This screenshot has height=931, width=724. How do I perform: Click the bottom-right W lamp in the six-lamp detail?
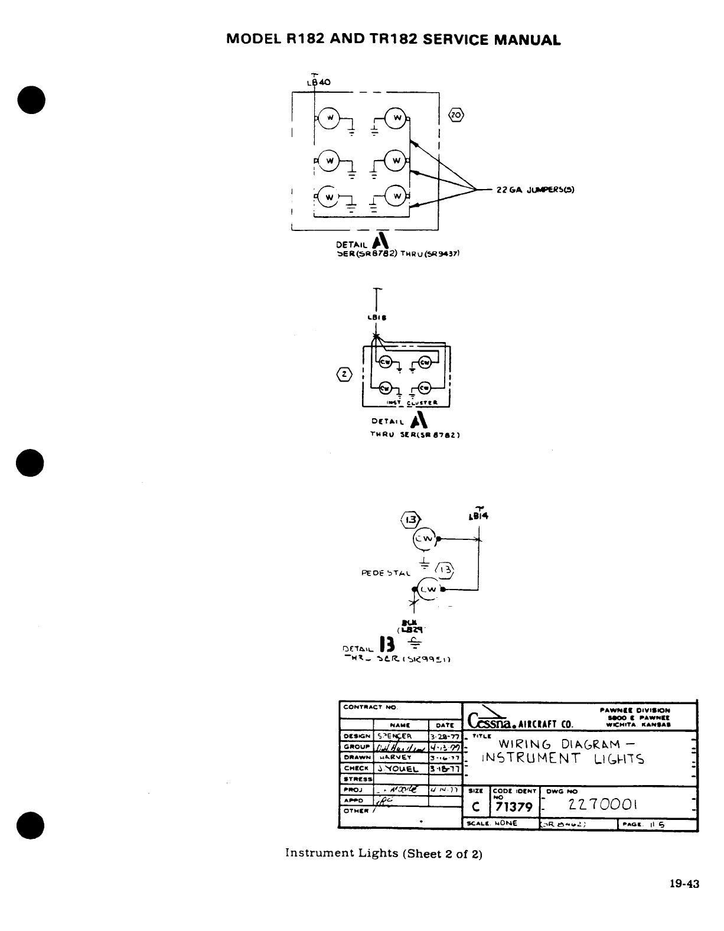pos(397,196)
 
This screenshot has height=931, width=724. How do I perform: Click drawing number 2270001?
pos(604,805)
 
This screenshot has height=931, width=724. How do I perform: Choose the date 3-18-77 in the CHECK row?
pos(446,769)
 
